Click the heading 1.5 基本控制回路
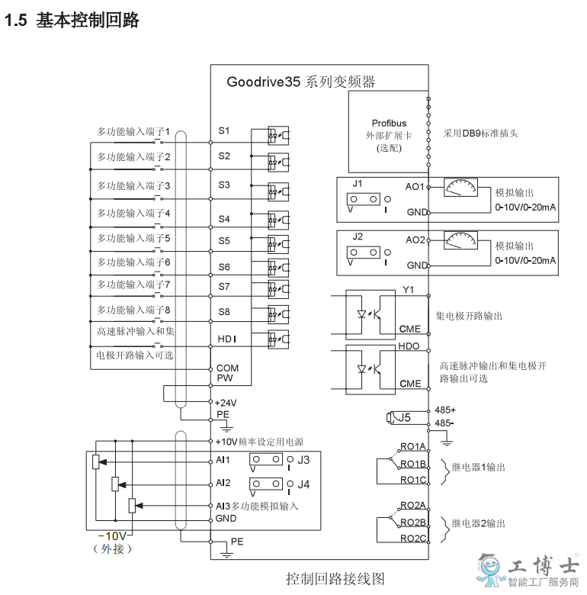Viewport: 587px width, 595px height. point(72,20)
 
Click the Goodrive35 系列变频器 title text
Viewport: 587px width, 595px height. point(300,82)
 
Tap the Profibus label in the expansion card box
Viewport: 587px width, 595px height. point(389,124)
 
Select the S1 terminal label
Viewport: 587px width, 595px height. point(224,131)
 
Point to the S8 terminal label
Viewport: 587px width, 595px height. point(224,312)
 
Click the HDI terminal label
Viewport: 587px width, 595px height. point(226,339)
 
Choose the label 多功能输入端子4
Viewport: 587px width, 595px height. point(133,214)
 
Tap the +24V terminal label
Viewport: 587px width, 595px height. point(226,403)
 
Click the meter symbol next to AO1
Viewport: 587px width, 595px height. point(460,188)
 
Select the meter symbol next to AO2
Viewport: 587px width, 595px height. point(460,240)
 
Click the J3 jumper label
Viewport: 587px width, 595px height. point(303,460)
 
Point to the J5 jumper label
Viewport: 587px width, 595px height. point(404,417)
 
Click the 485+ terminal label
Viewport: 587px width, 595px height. point(445,410)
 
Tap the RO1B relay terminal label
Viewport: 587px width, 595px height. point(413,464)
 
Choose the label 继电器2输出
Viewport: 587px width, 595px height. point(479,523)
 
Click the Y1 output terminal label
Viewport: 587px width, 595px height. point(408,290)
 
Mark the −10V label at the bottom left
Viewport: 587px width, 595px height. point(113,535)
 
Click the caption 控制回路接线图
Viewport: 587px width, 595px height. point(335,579)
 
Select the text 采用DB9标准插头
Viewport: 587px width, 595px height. point(480,133)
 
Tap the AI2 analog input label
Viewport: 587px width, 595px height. point(223,483)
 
